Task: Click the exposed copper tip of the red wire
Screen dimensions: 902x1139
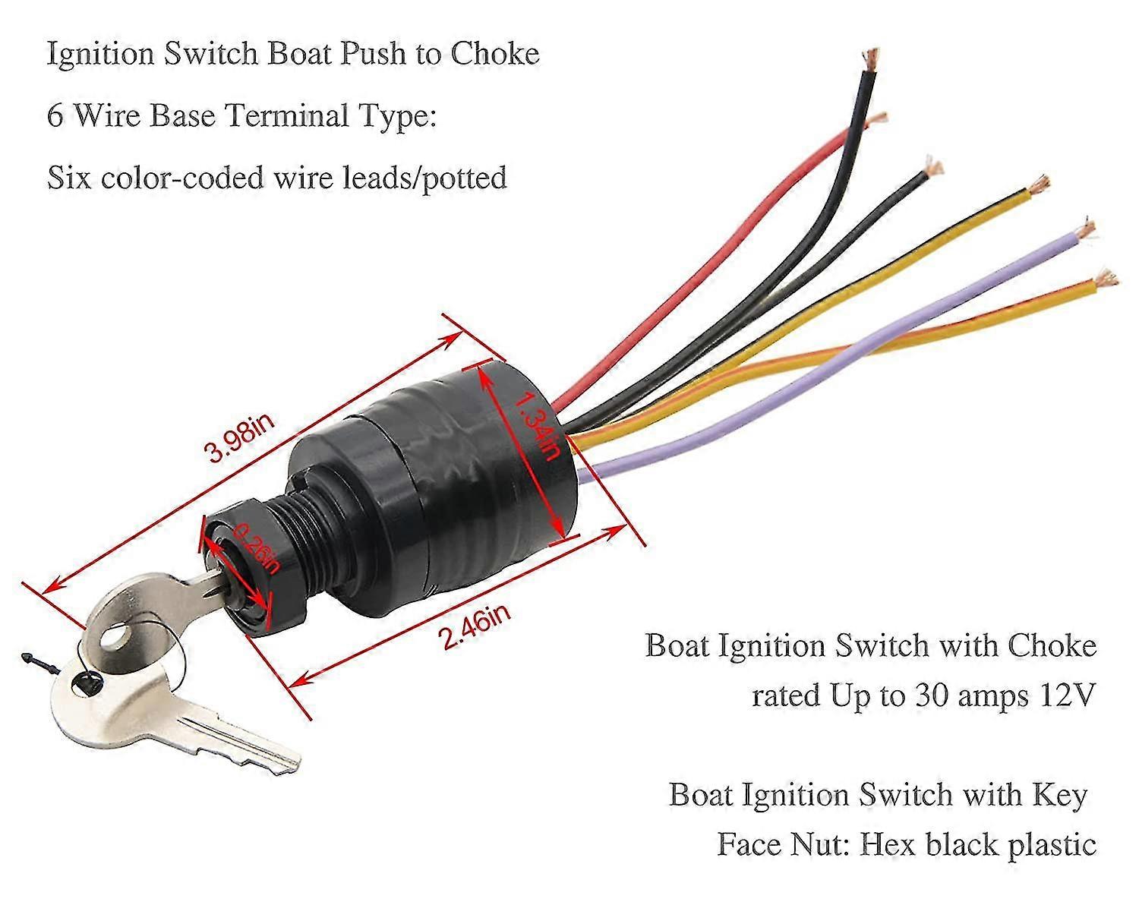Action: pos(879,117)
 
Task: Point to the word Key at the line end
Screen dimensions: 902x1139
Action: pos(1061,795)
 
